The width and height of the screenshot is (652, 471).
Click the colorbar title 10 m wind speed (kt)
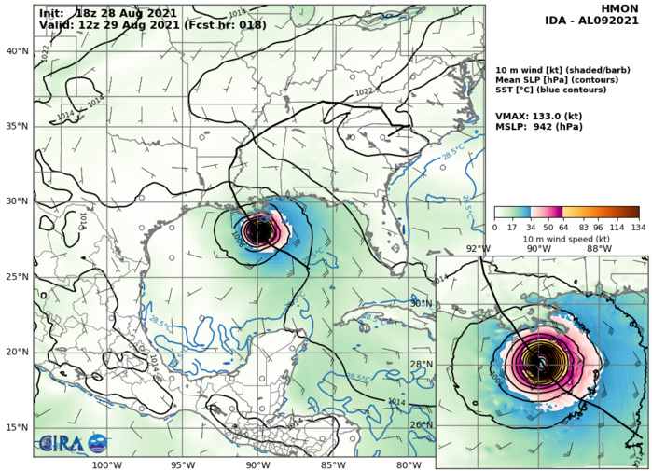[566, 238]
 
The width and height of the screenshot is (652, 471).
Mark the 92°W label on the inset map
[478, 249]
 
